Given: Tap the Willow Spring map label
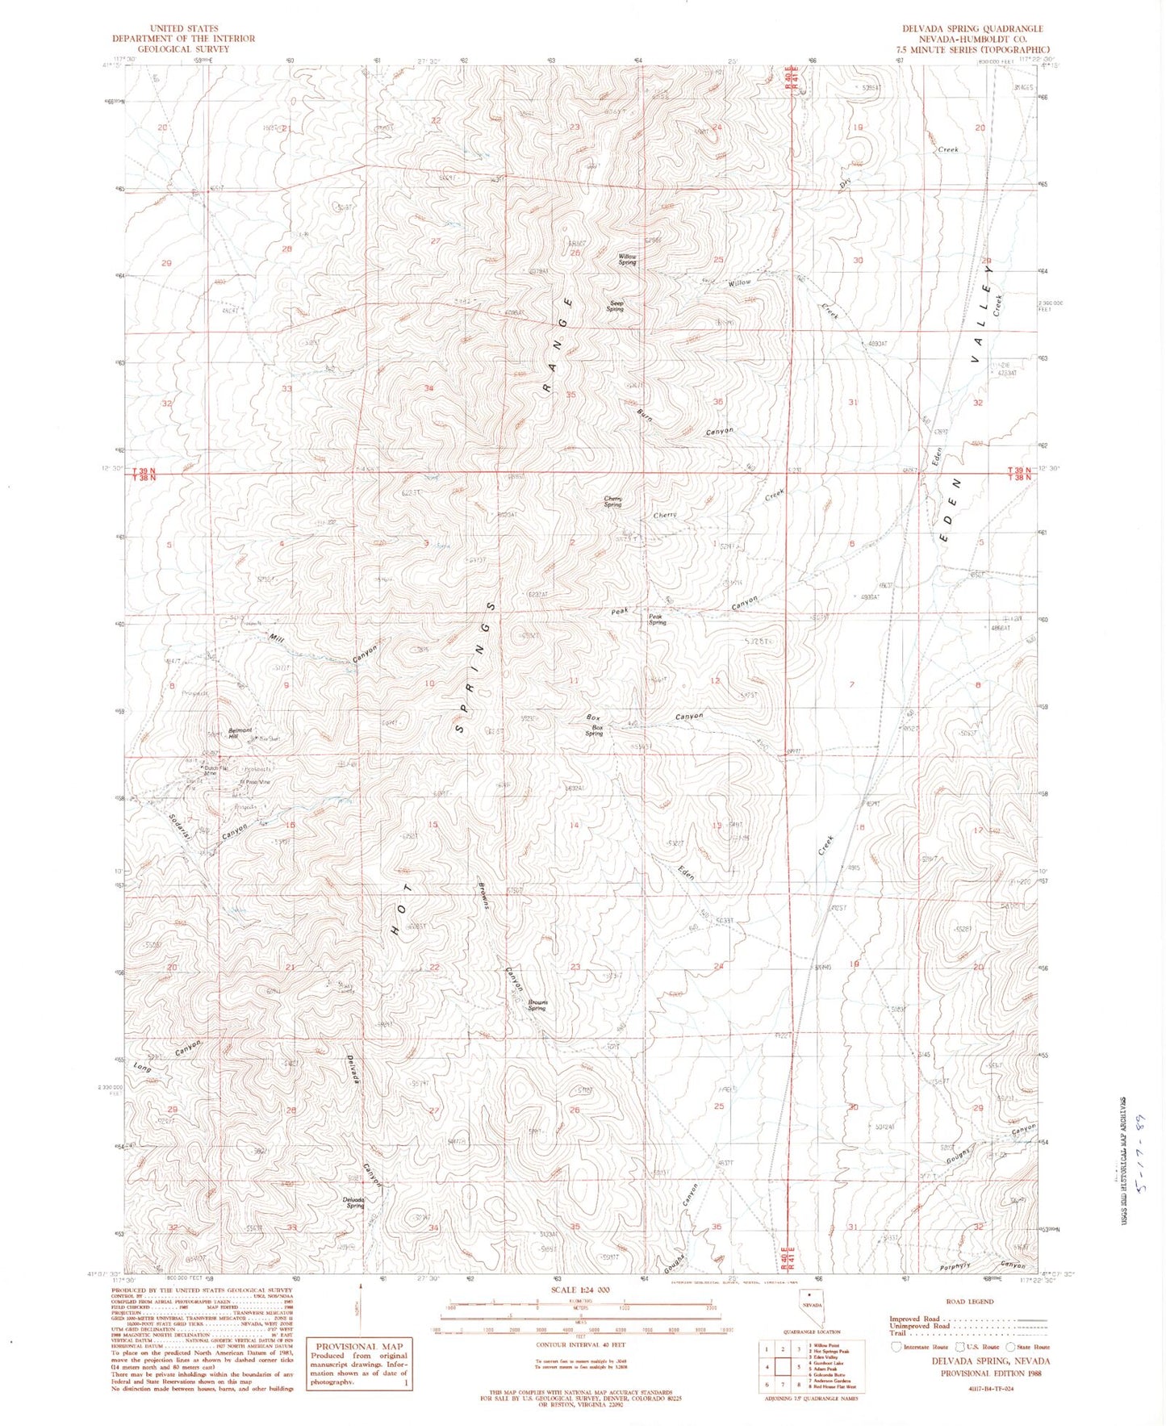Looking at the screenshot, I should [x=628, y=259].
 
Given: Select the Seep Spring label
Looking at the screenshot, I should [x=616, y=306].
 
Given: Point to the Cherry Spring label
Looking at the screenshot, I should [x=613, y=501].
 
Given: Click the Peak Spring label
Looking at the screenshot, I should [x=658, y=620].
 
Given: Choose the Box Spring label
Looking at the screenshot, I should [x=595, y=730].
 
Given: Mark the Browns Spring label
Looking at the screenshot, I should [x=537, y=1006].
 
